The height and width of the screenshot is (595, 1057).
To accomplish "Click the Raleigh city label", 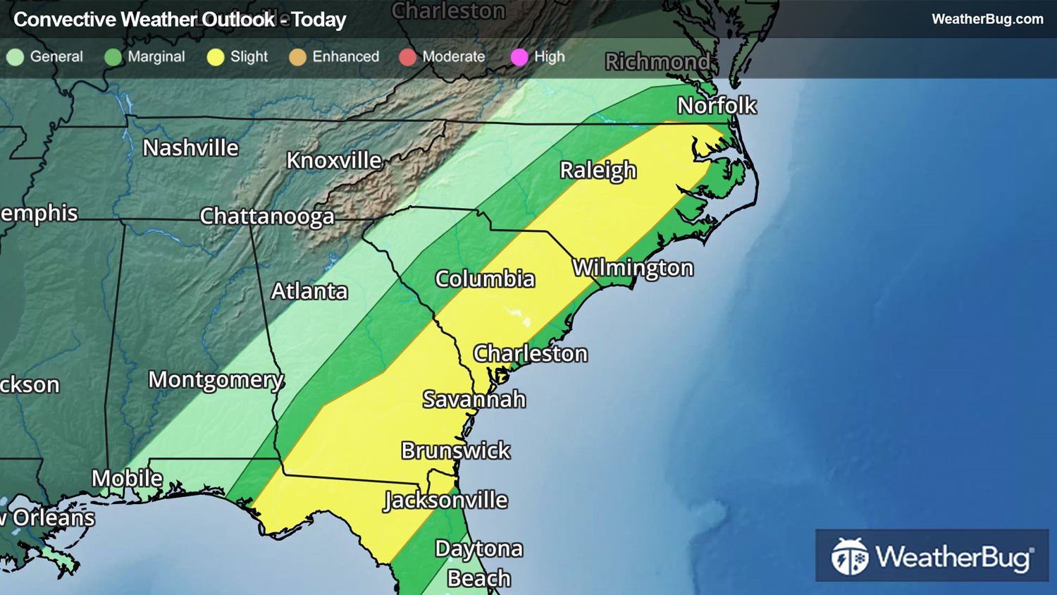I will (x=598, y=171).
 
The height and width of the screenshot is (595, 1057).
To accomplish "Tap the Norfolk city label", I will (x=716, y=106).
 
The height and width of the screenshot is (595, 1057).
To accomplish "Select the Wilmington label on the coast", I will (x=632, y=269).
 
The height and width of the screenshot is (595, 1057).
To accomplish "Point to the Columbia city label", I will (x=485, y=279).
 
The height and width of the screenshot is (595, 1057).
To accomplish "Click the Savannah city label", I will (x=474, y=400).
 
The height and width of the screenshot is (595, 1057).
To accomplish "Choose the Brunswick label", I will (x=455, y=450).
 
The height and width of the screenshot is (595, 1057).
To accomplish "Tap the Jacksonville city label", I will (x=445, y=501).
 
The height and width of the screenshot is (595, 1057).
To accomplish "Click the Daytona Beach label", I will (x=478, y=563).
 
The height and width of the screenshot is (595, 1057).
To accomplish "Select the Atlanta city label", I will (x=309, y=291).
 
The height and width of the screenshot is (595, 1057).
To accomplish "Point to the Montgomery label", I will (x=216, y=380).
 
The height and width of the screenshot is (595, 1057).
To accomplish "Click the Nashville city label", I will (x=190, y=148).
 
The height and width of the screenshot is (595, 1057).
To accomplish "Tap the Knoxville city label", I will (x=333, y=161).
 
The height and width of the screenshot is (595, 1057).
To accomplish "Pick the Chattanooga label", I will (x=266, y=216).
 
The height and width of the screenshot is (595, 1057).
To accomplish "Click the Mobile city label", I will (x=127, y=479).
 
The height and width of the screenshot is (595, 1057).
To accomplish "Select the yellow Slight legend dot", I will (x=216, y=57).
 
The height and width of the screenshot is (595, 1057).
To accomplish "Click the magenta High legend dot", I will (x=519, y=57).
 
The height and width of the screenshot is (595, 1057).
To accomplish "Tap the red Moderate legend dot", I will (x=407, y=57).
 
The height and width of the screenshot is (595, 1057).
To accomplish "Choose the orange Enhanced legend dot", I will (x=297, y=57).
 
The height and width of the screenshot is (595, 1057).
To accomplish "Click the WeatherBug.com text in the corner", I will (x=987, y=19).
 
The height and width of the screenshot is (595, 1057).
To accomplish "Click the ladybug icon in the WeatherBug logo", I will (x=849, y=556).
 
